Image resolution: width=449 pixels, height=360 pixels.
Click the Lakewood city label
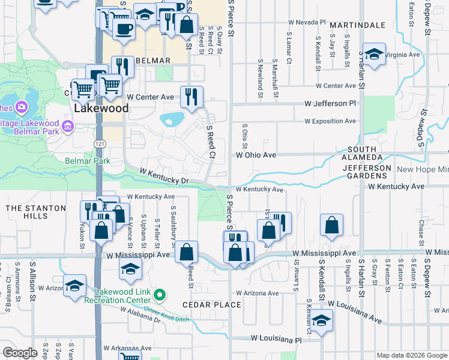coord(101,109)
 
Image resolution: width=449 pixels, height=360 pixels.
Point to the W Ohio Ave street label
coord(256,155)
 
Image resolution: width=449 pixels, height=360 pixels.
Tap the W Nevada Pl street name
coord(306,22)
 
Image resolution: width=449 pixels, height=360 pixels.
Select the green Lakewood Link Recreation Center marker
coord(159,295)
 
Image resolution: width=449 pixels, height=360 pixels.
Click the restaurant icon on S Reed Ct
coord(191,96)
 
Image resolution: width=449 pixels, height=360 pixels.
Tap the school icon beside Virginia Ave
coord(373,55)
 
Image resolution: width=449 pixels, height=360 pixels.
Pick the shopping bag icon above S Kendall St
coord(331,226)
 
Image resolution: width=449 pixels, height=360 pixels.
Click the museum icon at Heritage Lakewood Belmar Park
coord(67,127)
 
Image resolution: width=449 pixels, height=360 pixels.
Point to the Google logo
coord(20,353)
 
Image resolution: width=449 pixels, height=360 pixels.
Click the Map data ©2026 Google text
coord(411,355)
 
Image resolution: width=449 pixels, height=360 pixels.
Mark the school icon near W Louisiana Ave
coord(322,320)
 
